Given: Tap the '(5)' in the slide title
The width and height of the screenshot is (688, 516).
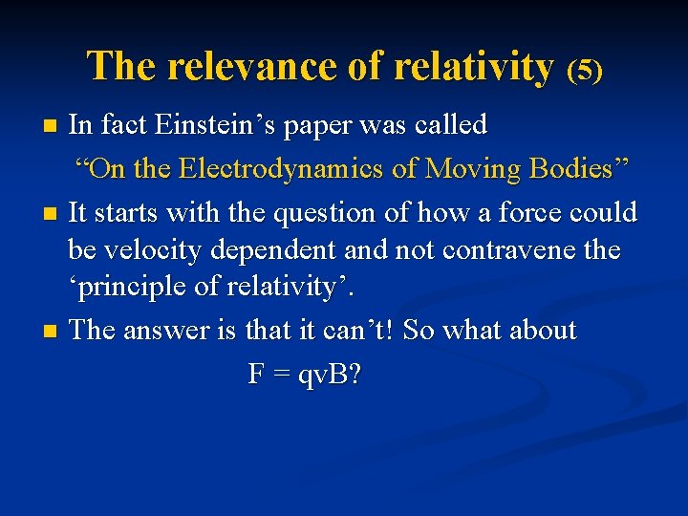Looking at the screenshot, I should click(x=585, y=70).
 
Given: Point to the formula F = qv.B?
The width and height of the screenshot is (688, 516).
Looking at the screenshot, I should click(x=305, y=375).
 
